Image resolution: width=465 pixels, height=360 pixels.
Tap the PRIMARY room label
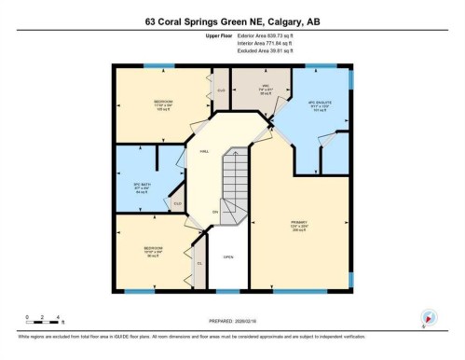click(299, 223)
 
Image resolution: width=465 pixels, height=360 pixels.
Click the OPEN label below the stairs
click(227, 256)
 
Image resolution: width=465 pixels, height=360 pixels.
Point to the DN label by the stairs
click(214, 213)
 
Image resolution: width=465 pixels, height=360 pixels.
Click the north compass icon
click(428, 317)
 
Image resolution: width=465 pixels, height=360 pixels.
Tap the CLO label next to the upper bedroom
click(222, 90)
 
